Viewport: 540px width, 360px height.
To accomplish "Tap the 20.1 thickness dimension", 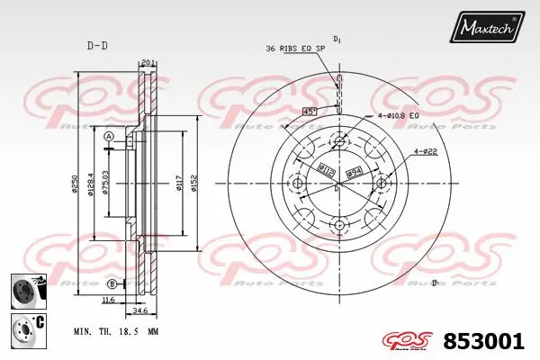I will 149,62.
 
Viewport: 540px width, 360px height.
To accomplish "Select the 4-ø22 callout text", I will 425,151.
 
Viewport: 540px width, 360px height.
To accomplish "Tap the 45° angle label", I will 309,112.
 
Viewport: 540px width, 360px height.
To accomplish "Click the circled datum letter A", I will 109,137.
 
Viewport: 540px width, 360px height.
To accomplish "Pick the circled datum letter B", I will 111,283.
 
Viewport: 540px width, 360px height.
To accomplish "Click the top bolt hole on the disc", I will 338,140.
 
